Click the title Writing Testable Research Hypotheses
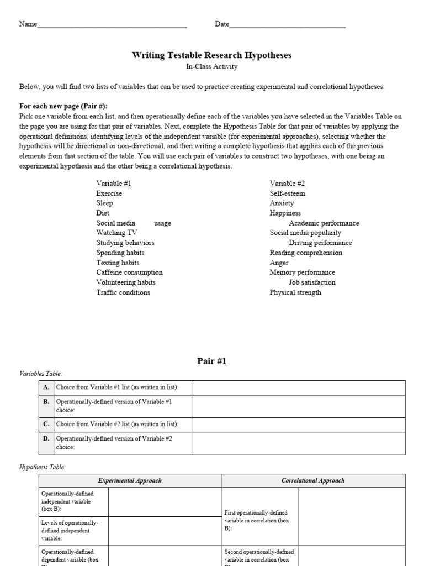[x=211, y=55]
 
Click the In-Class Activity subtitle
[x=211, y=67]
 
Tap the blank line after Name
[x=112, y=25]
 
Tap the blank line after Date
[x=288, y=25]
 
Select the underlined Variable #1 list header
[x=114, y=184]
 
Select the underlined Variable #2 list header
[x=287, y=184]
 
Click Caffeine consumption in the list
[x=129, y=272]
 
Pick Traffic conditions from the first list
[x=123, y=292]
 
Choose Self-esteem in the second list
[x=287, y=193]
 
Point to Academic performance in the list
[x=324, y=223]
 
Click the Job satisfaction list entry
[x=312, y=282]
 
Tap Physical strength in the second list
[x=295, y=292]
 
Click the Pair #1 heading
[x=212, y=361]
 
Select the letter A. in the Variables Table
[x=46, y=387]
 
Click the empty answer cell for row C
[x=298, y=424]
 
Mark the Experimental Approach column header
[x=130, y=480]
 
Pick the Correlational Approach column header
[x=313, y=480]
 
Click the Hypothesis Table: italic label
[x=43, y=467]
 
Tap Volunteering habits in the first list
[x=126, y=282]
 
